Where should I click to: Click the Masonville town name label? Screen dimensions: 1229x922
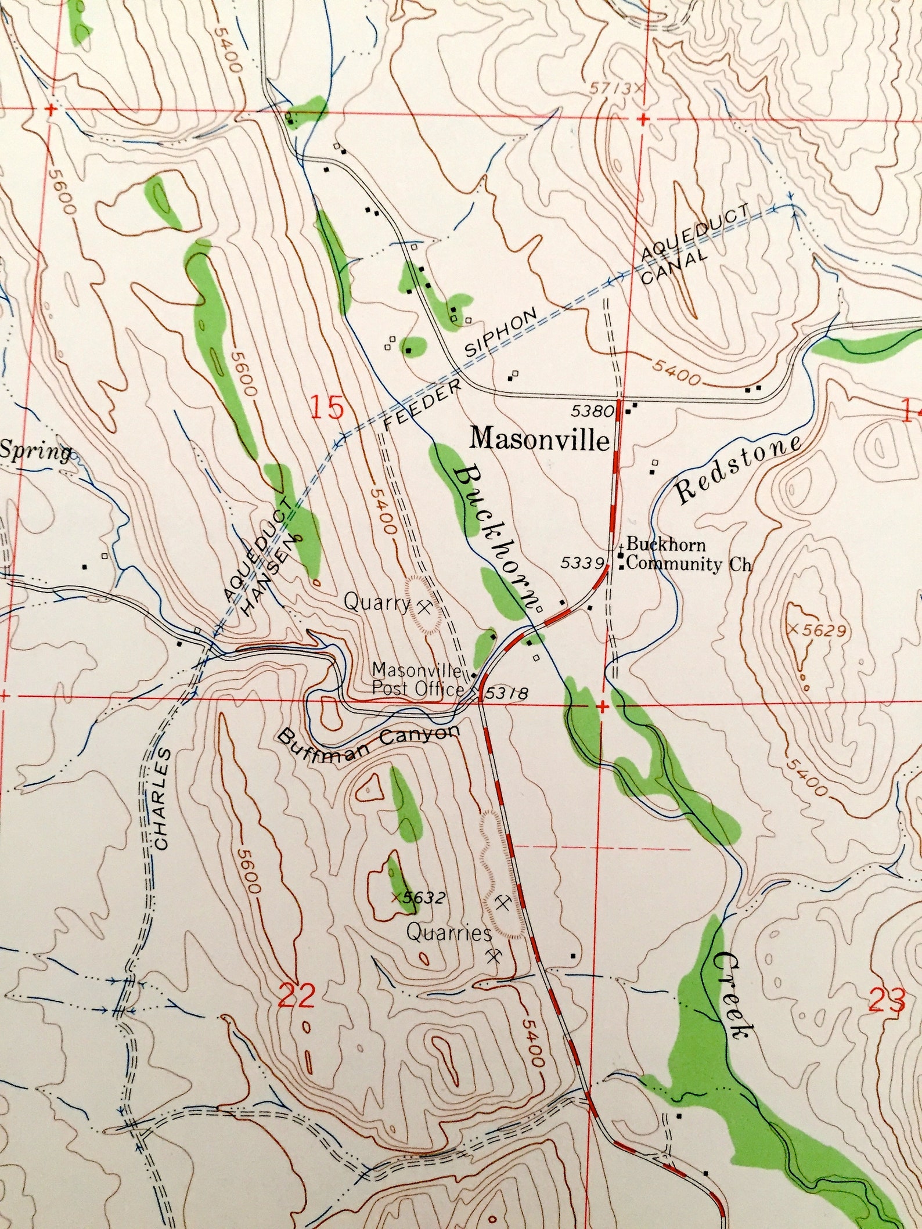pyautogui.click(x=540, y=439)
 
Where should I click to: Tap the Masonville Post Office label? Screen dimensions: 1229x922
pyautogui.click(x=418, y=679)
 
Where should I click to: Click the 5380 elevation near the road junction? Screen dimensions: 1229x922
pyautogui.click(x=592, y=411)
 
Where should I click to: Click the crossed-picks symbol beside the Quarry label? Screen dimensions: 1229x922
pyautogui.click(x=426, y=607)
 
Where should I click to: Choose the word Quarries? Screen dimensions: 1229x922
pyautogui.click(x=449, y=934)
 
